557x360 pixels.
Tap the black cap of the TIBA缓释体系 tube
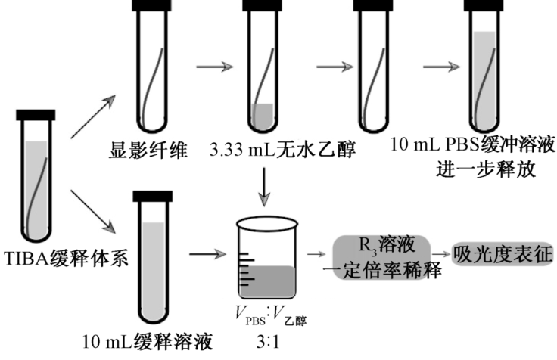point(36,115)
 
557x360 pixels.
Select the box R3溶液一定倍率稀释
point(381,257)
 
